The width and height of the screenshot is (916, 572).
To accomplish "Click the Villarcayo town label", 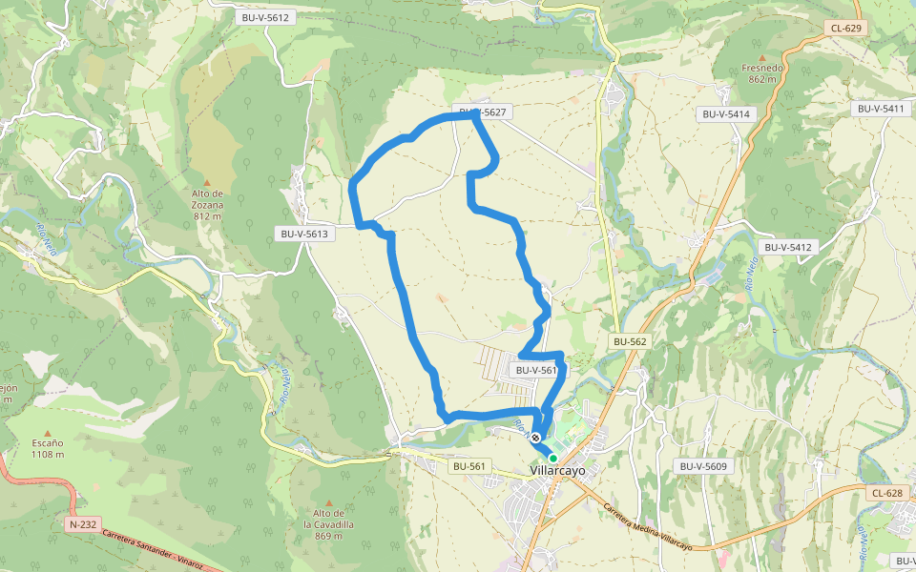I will click(x=558, y=470).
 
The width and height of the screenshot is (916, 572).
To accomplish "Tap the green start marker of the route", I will click(x=552, y=459).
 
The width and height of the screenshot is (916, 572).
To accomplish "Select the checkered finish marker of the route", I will click(x=536, y=439).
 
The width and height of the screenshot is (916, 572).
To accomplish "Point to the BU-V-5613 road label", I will click(x=303, y=234).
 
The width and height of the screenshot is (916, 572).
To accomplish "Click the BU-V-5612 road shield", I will click(x=266, y=17).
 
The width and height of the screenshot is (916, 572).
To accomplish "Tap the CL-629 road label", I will click(x=846, y=29).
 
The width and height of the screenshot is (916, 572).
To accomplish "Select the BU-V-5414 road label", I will click(x=727, y=114).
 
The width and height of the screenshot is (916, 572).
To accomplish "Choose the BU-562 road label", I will click(x=630, y=341).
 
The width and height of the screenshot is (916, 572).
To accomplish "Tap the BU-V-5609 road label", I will click(x=703, y=466).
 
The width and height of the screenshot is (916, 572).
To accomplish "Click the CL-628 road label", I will click(x=886, y=493).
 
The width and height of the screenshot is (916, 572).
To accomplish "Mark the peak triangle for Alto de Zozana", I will click(x=207, y=182).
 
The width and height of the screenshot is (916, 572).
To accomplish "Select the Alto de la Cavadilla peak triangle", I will click(x=329, y=502).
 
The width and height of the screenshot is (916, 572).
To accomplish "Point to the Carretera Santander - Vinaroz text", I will click(x=153, y=550).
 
